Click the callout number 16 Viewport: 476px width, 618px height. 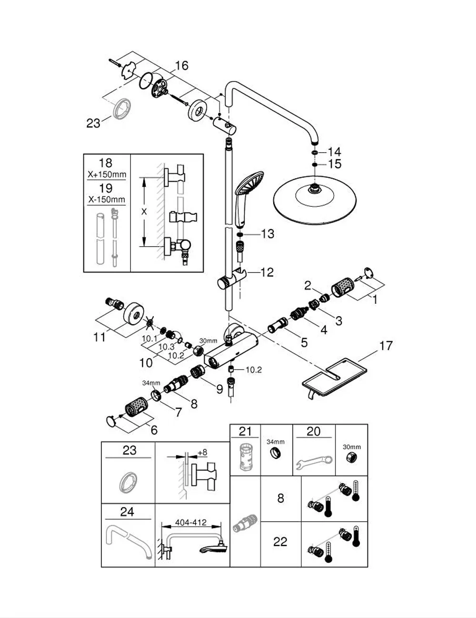(x=181, y=66)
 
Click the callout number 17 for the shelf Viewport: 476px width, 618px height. (x=386, y=346)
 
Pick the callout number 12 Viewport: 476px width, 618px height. (x=267, y=272)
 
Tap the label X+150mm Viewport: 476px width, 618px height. (x=107, y=174)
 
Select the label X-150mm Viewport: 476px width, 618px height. (x=107, y=200)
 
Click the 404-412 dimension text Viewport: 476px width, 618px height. (x=191, y=523)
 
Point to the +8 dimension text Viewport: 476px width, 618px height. (x=202, y=453)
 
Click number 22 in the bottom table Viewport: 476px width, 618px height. (x=280, y=542)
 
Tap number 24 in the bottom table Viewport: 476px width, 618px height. (x=127, y=512)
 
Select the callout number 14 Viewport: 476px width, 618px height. (x=334, y=152)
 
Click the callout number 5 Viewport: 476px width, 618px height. (x=304, y=343)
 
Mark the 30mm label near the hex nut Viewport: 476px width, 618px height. (x=208, y=341)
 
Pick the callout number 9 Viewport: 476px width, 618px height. (x=219, y=389)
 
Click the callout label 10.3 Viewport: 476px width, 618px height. (x=166, y=347)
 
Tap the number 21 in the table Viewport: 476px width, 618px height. (x=245, y=432)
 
